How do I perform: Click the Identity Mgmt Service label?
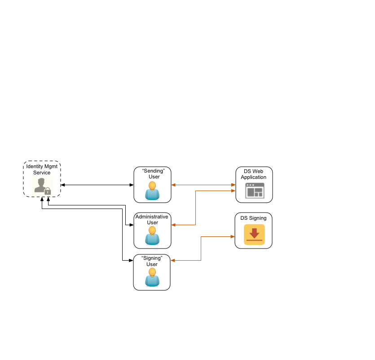coord(42,169)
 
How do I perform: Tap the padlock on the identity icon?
coord(48,191)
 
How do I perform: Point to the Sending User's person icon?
coord(152,191)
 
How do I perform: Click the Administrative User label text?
coord(152,219)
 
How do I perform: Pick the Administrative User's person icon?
coord(152,236)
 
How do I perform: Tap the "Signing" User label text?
coord(152,261)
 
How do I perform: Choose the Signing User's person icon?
coord(152,278)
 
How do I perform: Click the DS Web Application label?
coord(254,174)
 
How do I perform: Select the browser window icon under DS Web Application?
coord(254,191)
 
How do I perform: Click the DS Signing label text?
coord(253,218)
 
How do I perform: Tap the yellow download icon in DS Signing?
coord(254,235)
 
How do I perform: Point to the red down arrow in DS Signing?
coord(254,233)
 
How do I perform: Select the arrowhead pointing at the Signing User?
coord(173,260)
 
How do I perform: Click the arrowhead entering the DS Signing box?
coord(232,236)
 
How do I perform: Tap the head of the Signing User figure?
coord(152,272)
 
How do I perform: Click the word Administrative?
coord(152,217)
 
